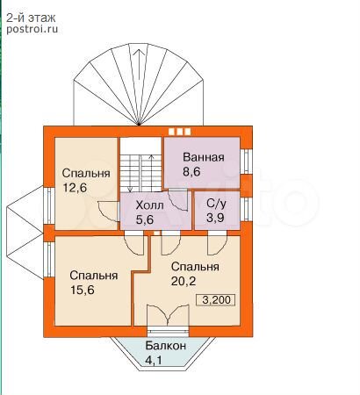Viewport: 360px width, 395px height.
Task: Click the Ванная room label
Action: (204, 157)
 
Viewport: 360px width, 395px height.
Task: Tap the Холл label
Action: (149, 205)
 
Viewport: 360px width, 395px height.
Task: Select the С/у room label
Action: (216, 204)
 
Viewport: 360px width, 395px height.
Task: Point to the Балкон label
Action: (166, 346)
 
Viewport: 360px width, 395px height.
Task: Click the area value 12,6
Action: (76, 188)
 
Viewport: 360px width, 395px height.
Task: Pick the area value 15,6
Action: (83, 290)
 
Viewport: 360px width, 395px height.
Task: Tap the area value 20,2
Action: (184, 281)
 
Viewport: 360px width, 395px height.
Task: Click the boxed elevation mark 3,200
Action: (217, 300)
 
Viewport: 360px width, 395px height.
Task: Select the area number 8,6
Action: (191, 171)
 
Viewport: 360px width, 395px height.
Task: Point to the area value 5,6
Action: (145, 219)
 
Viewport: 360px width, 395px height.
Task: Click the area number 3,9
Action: (215, 218)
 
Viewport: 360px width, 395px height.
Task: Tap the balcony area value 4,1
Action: (154, 360)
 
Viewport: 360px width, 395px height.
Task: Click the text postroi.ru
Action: (32, 29)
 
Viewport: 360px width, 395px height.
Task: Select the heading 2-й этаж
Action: (31, 18)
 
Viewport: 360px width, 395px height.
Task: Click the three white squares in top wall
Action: (180, 132)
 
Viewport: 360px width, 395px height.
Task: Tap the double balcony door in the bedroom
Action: (168, 315)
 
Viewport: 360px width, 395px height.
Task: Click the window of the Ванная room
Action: (246, 162)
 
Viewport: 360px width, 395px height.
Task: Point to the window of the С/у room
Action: (246, 209)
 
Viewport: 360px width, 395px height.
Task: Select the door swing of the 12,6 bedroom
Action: (108, 212)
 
